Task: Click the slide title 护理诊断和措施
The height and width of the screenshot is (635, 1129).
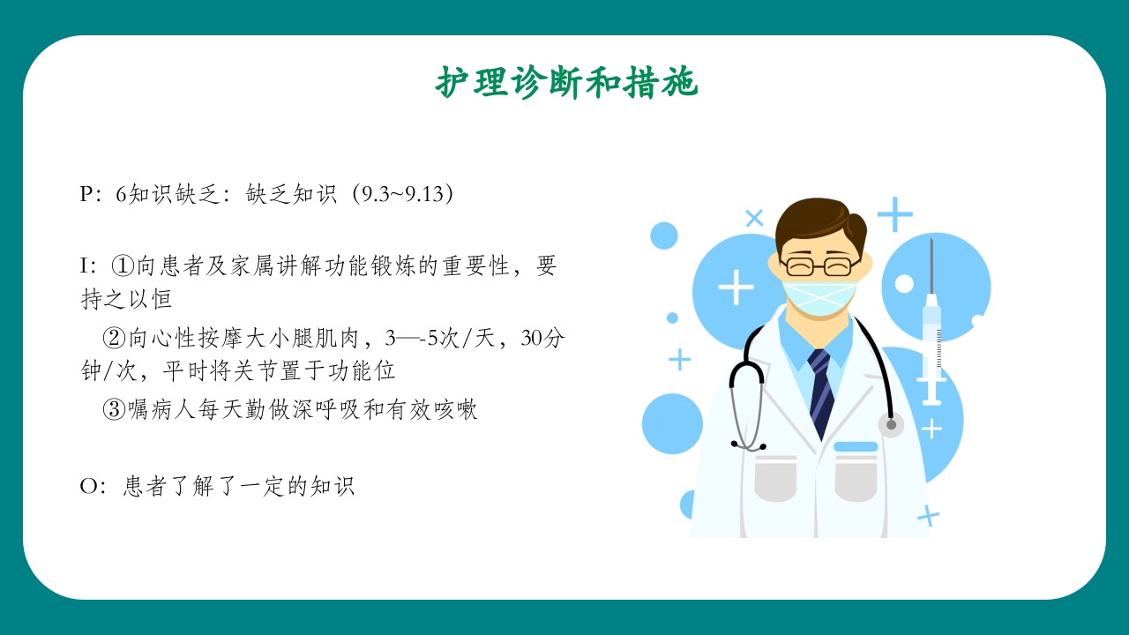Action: pyautogui.click(x=566, y=84)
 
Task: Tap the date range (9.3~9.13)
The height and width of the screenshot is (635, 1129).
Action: pyautogui.click(x=403, y=194)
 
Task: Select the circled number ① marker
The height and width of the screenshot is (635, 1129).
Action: pyautogui.click(x=122, y=265)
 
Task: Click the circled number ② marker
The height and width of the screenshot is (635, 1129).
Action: pyautogui.click(x=115, y=339)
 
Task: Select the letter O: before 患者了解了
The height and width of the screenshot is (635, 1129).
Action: pyautogui.click(x=93, y=486)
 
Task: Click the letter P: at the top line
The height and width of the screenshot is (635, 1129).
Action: pyautogui.click(x=92, y=194)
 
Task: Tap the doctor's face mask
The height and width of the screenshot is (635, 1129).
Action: pyautogui.click(x=820, y=296)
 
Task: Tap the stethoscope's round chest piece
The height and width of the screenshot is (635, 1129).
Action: pyautogui.click(x=891, y=425)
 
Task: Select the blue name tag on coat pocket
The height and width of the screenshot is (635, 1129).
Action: pyautogui.click(x=856, y=447)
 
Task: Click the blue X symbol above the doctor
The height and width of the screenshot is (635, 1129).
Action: pyautogui.click(x=754, y=218)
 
